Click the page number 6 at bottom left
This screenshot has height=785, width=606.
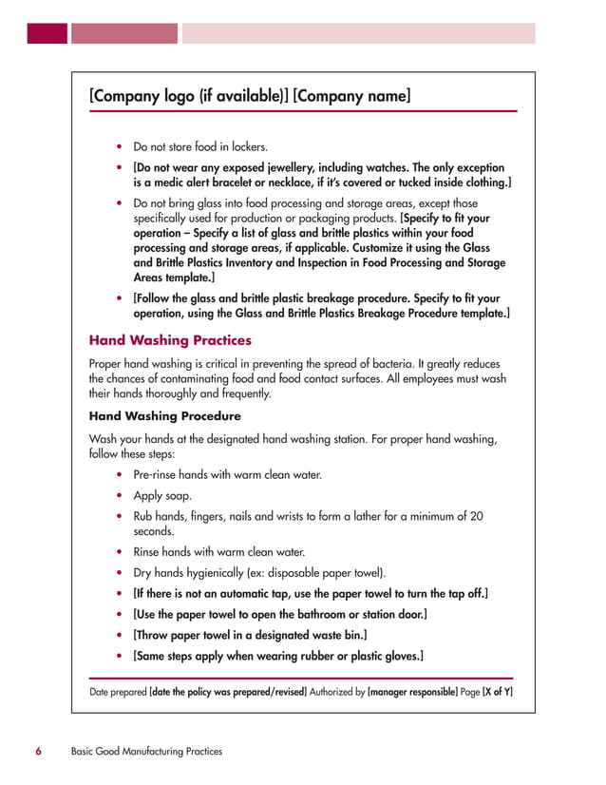click(x=39, y=751)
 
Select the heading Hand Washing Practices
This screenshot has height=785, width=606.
click(x=170, y=339)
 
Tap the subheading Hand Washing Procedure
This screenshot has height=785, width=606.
click(x=164, y=416)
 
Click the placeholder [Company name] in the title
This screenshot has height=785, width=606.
click(x=352, y=96)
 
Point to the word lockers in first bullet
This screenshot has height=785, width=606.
click(x=247, y=147)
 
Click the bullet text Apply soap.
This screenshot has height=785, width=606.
click(x=162, y=495)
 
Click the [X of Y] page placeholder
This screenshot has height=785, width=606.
click(x=498, y=692)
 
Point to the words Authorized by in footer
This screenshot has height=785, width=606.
click(x=337, y=692)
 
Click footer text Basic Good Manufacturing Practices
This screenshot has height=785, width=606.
click(x=146, y=751)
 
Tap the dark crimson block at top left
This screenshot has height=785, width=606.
click(x=47, y=33)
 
